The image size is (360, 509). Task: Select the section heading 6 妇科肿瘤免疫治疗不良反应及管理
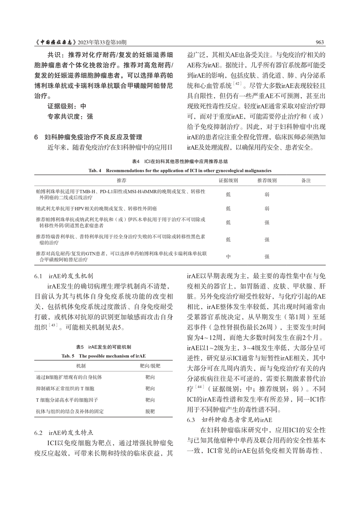(88, 137)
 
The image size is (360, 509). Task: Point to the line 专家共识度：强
(70, 116)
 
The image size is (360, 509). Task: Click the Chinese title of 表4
(180, 161)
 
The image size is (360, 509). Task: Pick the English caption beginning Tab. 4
(180, 171)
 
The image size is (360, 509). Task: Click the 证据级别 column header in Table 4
(228, 180)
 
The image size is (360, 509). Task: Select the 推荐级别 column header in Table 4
(267, 180)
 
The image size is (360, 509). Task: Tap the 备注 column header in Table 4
(306, 180)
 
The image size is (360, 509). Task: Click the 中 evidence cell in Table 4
(228, 257)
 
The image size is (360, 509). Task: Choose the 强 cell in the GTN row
(267, 257)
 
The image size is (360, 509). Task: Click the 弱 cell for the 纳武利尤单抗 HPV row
(267, 209)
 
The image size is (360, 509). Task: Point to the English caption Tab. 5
(103, 356)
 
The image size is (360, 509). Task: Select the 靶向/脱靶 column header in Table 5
(150, 366)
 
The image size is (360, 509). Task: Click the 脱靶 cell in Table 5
(150, 411)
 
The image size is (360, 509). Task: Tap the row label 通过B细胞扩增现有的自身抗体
(69, 377)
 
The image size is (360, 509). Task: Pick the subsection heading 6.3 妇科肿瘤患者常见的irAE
(229, 420)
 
